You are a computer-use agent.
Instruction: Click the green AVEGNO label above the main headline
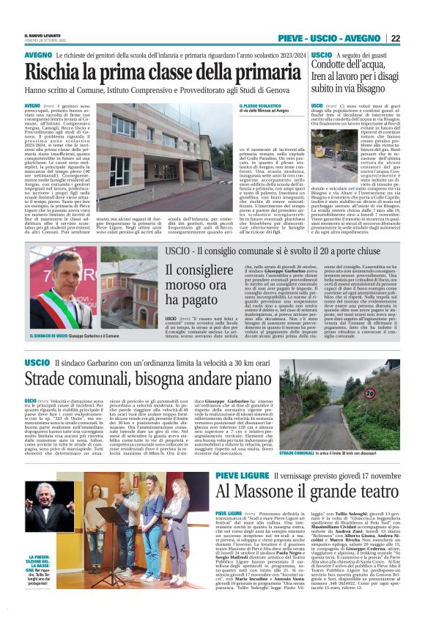pyautogui.click(x=37, y=55)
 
